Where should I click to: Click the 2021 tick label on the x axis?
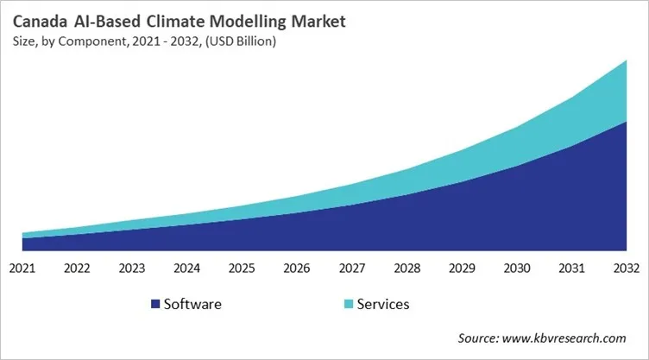(x=22, y=268)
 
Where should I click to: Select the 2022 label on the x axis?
(x=78, y=268)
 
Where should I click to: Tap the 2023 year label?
(x=132, y=268)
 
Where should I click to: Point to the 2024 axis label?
(x=187, y=268)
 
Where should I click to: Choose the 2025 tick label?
(x=242, y=268)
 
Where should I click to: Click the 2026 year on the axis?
(x=297, y=268)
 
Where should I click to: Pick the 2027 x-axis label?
(x=352, y=268)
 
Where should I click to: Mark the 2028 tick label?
(x=406, y=268)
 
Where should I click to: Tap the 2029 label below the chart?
(x=462, y=268)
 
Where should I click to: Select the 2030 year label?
(x=516, y=268)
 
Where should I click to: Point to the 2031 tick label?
(x=571, y=268)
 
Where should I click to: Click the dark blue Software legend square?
(x=155, y=304)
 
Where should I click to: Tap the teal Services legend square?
(x=348, y=304)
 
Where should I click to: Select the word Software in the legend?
(x=192, y=304)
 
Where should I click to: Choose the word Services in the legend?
(x=382, y=304)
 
